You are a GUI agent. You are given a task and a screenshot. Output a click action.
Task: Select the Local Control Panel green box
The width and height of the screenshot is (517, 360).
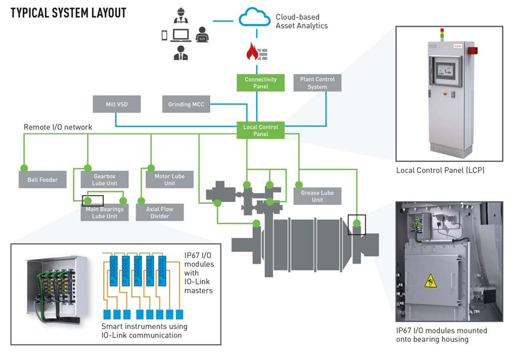[x=261, y=130]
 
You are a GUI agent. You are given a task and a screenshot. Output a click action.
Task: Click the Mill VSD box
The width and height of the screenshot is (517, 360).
[x=117, y=105]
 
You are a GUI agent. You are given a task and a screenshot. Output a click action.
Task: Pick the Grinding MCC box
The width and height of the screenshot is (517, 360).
[x=186, y=105]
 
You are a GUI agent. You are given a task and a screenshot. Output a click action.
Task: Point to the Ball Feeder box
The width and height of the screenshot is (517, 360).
[x=42, y=179]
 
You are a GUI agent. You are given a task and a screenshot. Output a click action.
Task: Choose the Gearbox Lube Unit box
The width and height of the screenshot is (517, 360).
[x=104, y=179]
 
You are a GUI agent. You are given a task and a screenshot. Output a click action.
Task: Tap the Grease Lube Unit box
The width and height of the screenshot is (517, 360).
[x=317, y=196]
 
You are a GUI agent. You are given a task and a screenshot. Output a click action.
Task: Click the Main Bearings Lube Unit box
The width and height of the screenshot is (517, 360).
[x=104, y=212]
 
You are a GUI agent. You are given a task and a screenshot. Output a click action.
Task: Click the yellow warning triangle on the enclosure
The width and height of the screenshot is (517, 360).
[x=430, y=280]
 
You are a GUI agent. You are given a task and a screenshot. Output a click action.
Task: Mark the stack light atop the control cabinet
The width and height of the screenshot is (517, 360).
[x=443, y=36]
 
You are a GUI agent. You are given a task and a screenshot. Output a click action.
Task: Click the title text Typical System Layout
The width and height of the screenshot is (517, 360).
[x=69, y=13]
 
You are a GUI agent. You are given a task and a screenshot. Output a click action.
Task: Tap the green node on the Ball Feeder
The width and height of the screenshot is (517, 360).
[x=24, y=168]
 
